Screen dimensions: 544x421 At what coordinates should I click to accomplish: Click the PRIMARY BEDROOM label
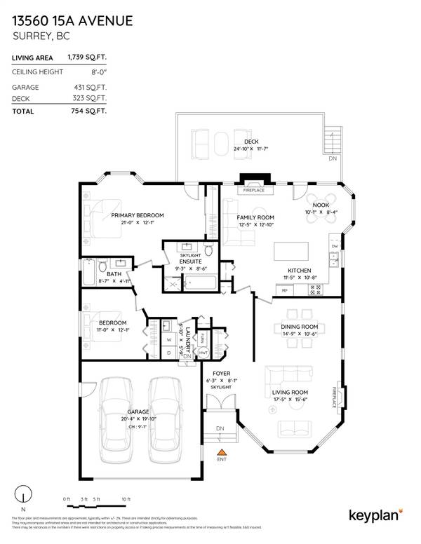point(138,215)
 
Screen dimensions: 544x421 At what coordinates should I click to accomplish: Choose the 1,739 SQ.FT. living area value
point(86,57)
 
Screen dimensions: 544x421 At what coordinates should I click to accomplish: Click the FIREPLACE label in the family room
point(253,190)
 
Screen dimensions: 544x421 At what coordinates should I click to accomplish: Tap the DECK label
point(242,141)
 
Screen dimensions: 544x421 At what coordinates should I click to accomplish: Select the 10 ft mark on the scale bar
point(126,498)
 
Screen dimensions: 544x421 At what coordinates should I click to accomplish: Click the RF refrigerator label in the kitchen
point(285,290)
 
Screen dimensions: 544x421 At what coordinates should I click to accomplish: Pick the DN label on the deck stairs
point(331,158)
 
